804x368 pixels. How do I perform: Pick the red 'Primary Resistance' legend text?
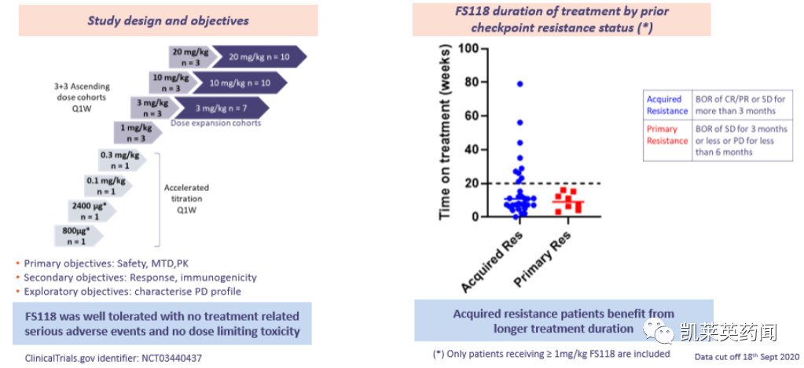(666, 134)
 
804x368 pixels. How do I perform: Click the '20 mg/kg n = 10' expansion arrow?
(260, 57)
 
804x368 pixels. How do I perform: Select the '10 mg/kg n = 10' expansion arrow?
(244, 83)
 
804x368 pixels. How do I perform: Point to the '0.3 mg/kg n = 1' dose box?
(119, 160)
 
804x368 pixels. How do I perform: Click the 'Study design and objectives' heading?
(168, 20)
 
